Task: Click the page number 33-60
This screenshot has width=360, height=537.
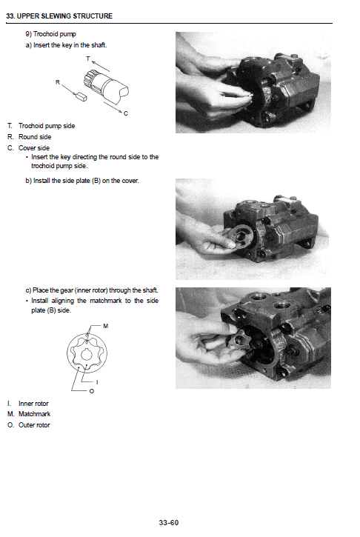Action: [x=169, y=523]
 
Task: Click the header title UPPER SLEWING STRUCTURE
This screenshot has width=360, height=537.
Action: [x=59, y=16]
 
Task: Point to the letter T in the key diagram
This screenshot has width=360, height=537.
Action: [x=87, y=58]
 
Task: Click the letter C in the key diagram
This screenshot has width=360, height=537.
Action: [x=126, y=113]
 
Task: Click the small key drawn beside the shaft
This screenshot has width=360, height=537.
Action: [x=81, y=95]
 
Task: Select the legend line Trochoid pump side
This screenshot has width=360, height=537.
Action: [x=46, y=126]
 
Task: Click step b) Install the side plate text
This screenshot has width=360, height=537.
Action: [x=81, y=181]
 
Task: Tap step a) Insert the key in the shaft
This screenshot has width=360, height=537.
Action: [x=66, y=45]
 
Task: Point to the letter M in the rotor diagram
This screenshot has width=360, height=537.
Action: [x=106, y=326]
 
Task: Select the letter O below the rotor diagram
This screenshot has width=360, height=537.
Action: [x=91, y=392]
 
